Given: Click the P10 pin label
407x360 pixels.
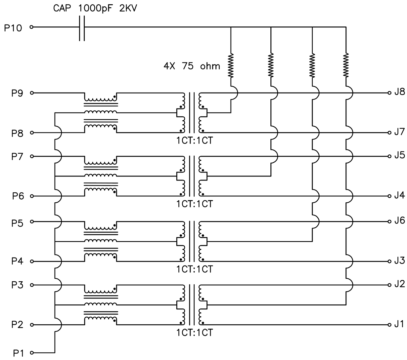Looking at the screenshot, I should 13,28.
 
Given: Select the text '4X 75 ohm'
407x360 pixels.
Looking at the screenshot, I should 192,66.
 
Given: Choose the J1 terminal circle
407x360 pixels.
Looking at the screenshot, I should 389,325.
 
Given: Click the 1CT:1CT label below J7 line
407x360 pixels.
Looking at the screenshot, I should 194,140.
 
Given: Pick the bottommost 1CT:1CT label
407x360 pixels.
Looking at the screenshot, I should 194,332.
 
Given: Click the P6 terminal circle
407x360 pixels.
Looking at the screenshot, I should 32,196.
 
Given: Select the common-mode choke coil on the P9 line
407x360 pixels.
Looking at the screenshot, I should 100,97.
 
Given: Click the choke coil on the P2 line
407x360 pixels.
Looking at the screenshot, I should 100,320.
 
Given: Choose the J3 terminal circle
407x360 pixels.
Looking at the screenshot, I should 389,261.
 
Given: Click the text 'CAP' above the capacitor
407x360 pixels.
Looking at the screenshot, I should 63,9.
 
